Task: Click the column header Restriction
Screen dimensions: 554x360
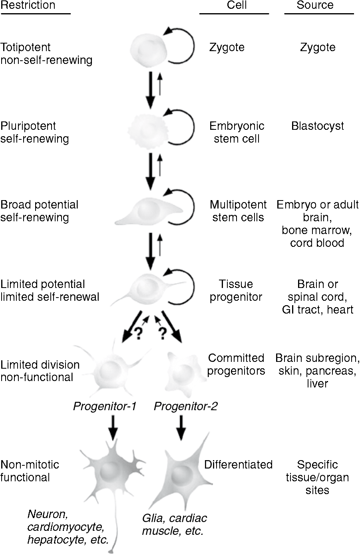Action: [x=28, y=6]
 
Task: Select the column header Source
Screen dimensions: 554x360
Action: [x=315, y=5]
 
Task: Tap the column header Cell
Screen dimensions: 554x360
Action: [x=237, y=5]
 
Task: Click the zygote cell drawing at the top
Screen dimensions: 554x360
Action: [x=147, y=48]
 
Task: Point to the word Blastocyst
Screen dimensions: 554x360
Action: [x=318, y=126]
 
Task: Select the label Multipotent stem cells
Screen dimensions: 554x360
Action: [x=238, y=211]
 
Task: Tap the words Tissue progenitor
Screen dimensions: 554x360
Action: [x=236, y=290]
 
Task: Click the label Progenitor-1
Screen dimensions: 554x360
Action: [x=105, y=407]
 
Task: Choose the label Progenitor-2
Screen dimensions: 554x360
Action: [x=186, y=407]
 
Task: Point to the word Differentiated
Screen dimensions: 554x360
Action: [x=238, y=465]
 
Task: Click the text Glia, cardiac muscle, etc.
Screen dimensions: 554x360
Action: [x=175, y=525]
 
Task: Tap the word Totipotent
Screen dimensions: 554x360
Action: [x=26, y=47]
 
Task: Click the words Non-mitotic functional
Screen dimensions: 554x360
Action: [x=30, y=471]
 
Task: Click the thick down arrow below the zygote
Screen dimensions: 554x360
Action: [x=150, y=90]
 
